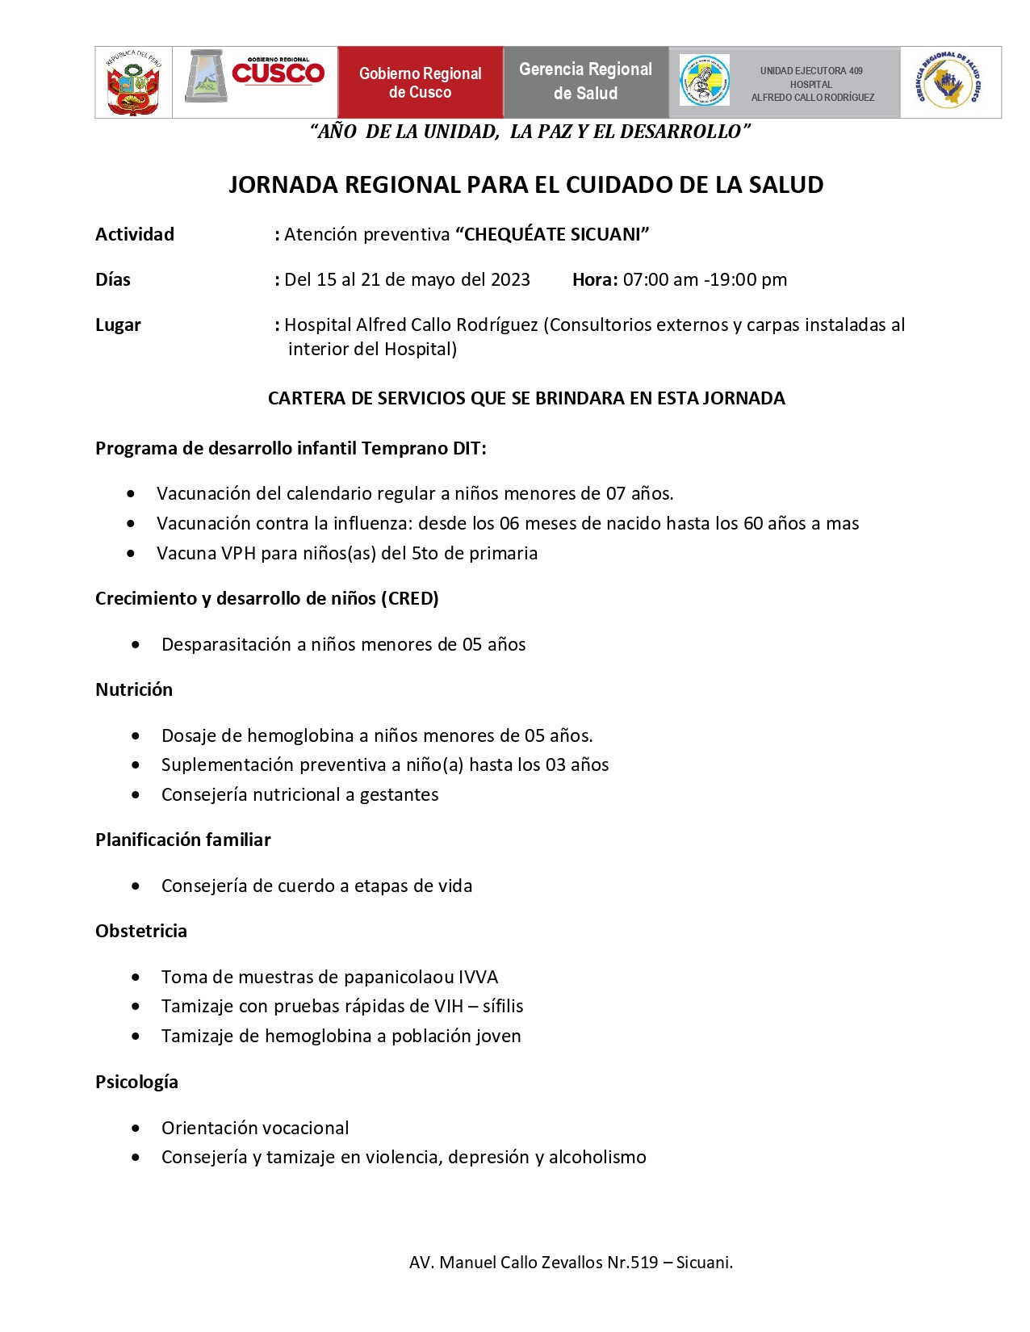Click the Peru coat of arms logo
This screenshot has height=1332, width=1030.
point(133,82)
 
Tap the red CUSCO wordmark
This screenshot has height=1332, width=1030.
point(278,73)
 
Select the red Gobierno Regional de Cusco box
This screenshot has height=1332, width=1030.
point(420,82)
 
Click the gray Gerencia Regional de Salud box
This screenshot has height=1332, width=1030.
point(585,82)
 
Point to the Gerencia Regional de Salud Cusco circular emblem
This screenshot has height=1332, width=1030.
point(948,82)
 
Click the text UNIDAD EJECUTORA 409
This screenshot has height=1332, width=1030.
point(811,71)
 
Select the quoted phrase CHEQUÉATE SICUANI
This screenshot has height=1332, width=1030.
point(553,235)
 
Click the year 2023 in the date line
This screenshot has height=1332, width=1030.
point(510,280)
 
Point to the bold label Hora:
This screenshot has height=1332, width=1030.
point(595,280)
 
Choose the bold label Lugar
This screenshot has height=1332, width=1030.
point(118,325)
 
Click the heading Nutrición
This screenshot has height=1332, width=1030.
point(134,690)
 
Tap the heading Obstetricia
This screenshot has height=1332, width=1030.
point(141,932)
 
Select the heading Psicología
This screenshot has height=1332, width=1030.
point(136,1083)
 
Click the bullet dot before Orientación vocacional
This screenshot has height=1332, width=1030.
point(136,1129)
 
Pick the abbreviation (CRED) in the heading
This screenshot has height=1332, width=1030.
point(411,599)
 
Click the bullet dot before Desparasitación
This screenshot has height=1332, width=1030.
point(136,645)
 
